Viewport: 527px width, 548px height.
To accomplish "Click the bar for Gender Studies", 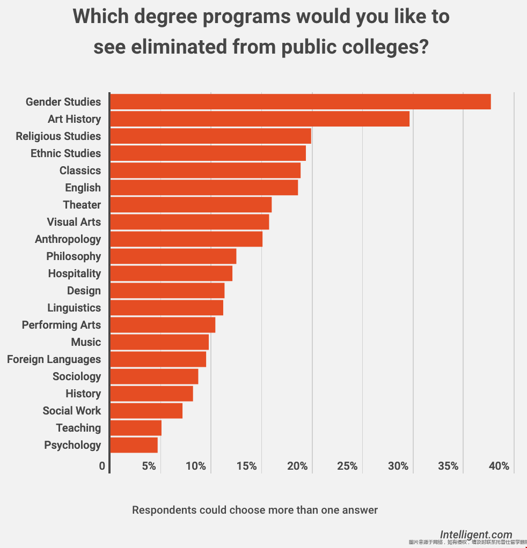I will coord(300,102).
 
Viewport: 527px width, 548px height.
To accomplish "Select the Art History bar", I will coord(259,119).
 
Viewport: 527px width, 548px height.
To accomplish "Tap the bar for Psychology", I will coord(134,445).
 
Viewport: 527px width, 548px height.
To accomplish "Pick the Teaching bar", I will coord(135,428).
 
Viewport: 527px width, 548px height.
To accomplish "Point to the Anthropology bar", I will coord(186,239).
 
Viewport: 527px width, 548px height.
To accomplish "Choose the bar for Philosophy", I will coord(173,256).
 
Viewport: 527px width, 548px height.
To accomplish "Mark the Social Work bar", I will coord(146,411).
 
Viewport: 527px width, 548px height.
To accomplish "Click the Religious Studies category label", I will coord(58,136).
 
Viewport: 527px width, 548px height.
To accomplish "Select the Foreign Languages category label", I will coord(54,359).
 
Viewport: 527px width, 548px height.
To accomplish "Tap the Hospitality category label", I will coord(74,273).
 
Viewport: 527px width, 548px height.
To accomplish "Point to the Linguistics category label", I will coord(74,308).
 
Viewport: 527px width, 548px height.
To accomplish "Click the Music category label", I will coord(86,342).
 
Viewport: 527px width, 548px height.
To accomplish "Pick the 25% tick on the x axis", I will coord(347,466).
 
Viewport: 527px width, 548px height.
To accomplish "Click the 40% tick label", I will coord(499,466).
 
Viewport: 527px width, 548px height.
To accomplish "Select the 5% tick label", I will coord(149,466).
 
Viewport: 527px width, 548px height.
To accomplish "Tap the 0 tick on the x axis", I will coord(102,466).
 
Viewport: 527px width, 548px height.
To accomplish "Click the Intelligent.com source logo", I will coord(476,535).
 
